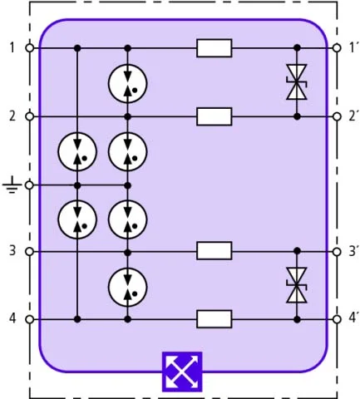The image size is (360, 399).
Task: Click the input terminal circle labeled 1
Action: point(30,48)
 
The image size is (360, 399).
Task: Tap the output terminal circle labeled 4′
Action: point(337,319)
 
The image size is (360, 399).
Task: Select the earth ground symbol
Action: point(12,186)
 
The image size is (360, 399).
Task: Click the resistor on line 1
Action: point(215,48)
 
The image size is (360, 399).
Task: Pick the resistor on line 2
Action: point(215,116)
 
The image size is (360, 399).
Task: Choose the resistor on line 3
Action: point(215,251)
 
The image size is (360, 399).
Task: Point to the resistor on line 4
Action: point(215,319)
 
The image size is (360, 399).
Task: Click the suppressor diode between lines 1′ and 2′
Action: point(297,82)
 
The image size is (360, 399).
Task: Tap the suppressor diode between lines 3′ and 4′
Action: point(297,285)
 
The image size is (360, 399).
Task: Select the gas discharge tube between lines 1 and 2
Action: point(127,83)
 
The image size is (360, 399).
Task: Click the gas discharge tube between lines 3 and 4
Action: point(127,287)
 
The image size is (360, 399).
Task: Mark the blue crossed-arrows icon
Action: point(182,372)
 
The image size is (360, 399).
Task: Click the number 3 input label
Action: point(12,251)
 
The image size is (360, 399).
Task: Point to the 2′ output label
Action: point(353,116)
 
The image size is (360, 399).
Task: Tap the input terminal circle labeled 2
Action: point(30,116)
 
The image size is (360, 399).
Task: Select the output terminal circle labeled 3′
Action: point(337,251)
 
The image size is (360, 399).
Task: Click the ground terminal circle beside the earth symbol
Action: point(29,185)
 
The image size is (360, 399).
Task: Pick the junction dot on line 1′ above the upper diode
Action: point(297,48)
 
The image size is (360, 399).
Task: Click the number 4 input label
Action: point(12,318)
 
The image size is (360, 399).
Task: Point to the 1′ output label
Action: point(352,47)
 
